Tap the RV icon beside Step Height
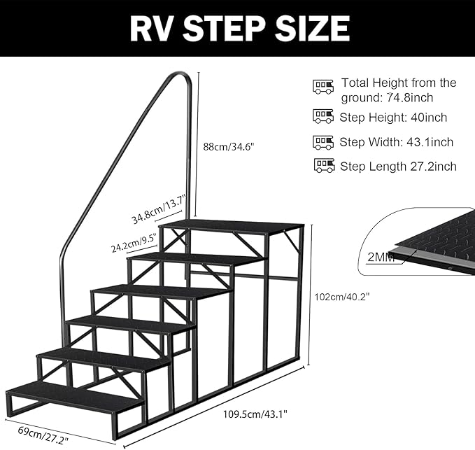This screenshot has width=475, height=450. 322,117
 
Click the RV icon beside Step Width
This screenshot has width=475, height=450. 322,142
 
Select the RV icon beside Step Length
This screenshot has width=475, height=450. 325,166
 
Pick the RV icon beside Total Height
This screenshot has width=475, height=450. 322,87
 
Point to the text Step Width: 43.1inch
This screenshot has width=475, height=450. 397,142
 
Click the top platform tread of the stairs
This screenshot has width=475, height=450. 232,227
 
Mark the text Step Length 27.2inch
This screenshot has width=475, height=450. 398,166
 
